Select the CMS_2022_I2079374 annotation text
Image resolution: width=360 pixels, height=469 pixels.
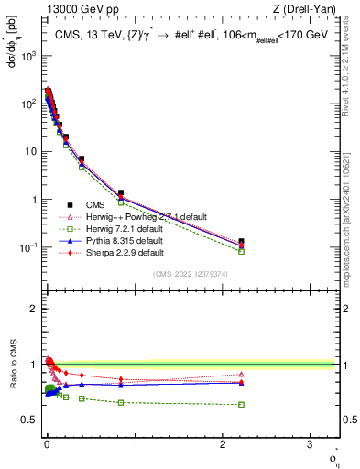(x=191, y=274)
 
